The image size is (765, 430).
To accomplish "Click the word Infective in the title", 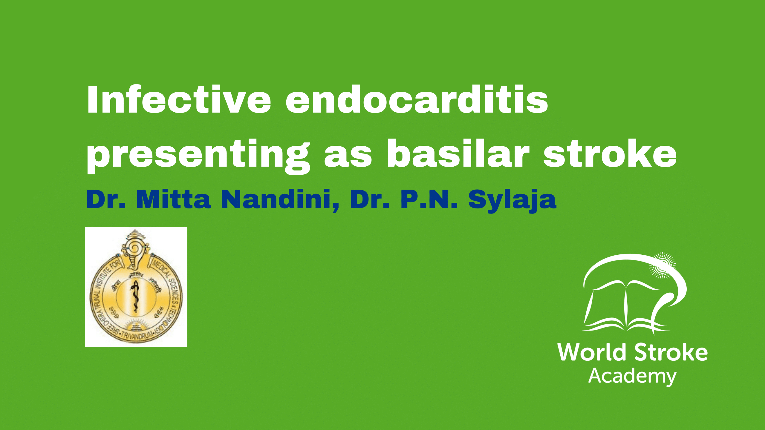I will pyautogui.click(x=179, y=100).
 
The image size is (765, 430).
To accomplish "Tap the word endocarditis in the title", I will pyautogui.click(x=417, y=100).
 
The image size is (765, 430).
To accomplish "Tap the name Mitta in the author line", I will pyautogui.click(x=174, y=199).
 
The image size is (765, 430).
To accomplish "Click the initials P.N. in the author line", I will pyautogui.click(x=429, y=199).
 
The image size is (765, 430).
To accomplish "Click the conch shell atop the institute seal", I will pyautogui.click(x=135, y=249).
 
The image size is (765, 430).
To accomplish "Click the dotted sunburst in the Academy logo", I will pyautogui.click(x=663, y=266).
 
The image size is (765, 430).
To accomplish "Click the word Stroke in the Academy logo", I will pyautogui.click(x=671, y=352).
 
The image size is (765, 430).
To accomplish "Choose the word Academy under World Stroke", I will pyautogui.click(x=632, y=376).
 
